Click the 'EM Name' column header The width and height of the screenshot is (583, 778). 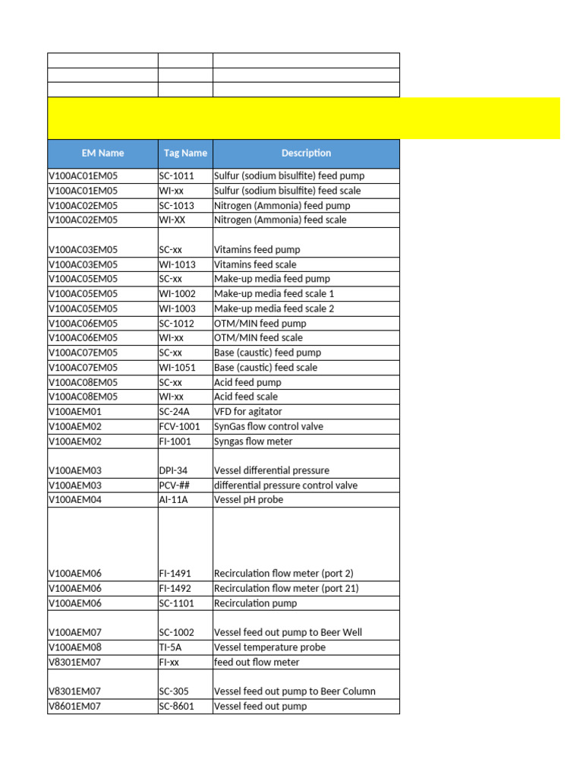[x=102, y=153]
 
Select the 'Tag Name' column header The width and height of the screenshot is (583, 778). [x=185, y=153]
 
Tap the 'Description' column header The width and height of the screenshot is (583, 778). [x=306, y=153]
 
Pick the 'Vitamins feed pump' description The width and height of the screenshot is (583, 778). [x=257, y=249]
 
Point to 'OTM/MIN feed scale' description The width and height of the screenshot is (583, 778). [x=258, y=337]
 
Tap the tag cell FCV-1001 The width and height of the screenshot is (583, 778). [x=179, y=426]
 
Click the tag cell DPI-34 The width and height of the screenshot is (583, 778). [x=173, y=470]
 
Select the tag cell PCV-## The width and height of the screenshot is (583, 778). [x=174, y=485]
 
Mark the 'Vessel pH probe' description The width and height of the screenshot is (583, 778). [x=247, y=500]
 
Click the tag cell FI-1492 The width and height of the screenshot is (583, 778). [x=175, y=588]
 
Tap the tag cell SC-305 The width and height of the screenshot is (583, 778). [x=174, y=691]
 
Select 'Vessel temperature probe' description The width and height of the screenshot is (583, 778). [x=269, y=647]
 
